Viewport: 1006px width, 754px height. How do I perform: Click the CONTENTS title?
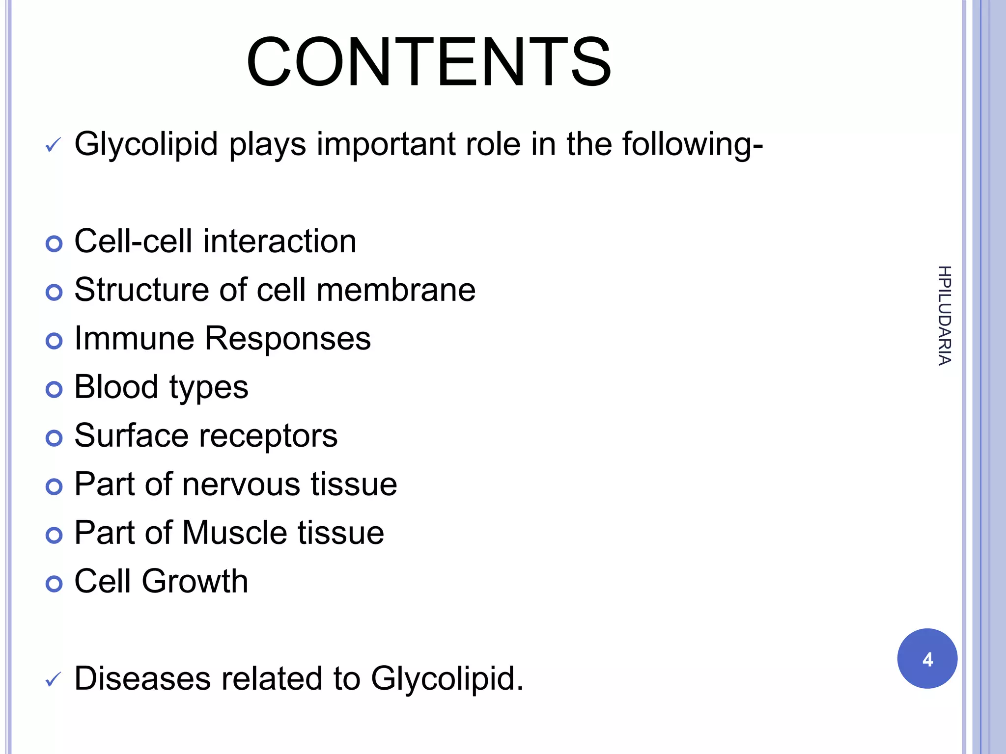429,62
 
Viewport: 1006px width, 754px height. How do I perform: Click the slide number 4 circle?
927,658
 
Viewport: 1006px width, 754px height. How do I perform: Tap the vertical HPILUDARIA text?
944,316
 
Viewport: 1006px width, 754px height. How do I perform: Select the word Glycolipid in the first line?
146,144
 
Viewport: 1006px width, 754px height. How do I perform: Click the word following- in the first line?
692,144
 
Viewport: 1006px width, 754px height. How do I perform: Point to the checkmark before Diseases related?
53,680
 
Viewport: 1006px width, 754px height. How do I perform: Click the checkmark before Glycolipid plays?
53,145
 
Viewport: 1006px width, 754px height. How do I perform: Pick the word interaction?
279,242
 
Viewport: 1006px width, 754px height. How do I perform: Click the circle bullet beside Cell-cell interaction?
54,244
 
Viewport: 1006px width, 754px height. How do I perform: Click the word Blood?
116,387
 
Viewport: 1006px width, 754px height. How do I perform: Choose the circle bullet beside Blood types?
54,390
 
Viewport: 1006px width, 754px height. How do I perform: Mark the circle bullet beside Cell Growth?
54,584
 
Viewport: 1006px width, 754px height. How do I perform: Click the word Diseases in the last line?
142,678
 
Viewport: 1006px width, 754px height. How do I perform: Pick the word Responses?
287,339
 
